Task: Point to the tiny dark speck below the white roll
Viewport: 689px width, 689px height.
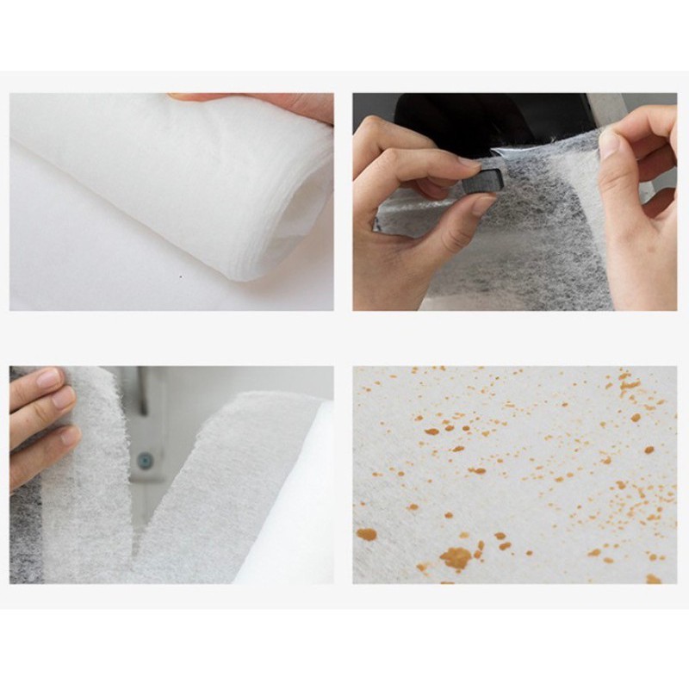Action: coord(180,277)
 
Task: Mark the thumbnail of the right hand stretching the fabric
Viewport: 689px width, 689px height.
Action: coord(609,143)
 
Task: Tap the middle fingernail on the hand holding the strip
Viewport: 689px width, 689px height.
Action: coord(63,398)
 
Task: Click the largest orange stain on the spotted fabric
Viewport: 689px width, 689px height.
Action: coord(456,558)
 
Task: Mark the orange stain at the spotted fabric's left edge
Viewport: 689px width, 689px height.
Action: coord(366,534)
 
